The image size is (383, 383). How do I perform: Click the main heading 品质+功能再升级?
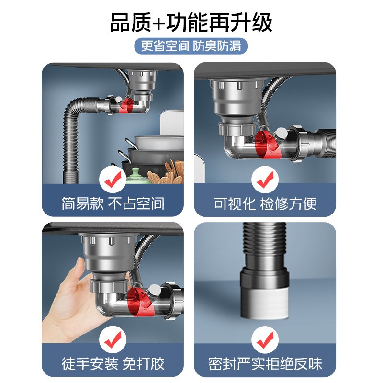pyautogui.click(x=191, y=23)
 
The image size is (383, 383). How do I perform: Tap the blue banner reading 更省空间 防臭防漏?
pyautogui.click(x=191, y=46)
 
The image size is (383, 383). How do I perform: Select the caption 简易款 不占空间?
pyautogui.click(x=113, y=203)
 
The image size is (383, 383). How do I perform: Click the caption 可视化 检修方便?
pyautogui.click(x=265, y=203)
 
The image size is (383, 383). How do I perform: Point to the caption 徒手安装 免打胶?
pyautogui.click(x=113, y=363)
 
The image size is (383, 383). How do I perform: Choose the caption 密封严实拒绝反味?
pyautogui.click(x=265, y=363)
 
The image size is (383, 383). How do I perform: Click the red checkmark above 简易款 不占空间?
pyautogui.click(x=113, y=180)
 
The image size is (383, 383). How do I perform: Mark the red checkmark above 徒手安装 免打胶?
pyautogui.click(x=113, y=340)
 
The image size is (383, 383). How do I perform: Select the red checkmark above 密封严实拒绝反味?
pyautogui.click(x=265, y=340)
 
